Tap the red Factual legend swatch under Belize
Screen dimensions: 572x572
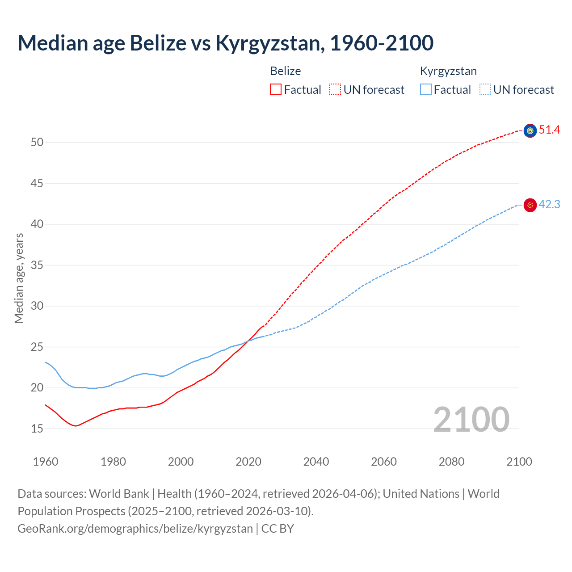[276, 90]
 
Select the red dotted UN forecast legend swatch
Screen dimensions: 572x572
[335, 90]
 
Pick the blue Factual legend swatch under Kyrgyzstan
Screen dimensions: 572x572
[426, 90]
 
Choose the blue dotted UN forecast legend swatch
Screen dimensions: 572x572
[485, 90]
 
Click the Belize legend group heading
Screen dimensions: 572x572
[285, 71]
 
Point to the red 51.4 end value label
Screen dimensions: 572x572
[549, 130]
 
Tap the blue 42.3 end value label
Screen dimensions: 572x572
[549, 205]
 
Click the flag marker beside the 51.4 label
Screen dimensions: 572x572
[530, 130]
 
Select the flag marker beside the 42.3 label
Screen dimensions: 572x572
[530, 205]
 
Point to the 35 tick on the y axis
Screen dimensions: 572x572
[37, 265]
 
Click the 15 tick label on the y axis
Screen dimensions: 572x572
[37, 429]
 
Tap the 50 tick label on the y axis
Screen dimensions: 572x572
[37, 143]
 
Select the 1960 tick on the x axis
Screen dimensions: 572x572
[46, 462]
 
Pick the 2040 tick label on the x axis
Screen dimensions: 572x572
[316, 462]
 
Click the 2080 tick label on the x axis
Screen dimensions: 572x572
[451, 462]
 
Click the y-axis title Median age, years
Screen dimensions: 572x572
[19, 278]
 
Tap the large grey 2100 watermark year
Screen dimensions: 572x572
[471, 419]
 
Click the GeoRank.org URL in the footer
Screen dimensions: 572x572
[135, 529]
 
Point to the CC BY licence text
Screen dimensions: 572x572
[278, 529]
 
